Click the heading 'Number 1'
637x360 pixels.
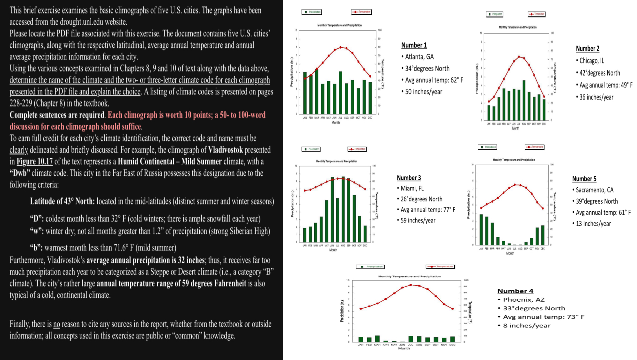[x=414, y=45]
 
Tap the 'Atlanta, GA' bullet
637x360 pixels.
[x=419, y=57]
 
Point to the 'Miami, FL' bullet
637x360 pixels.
[x=412, y=188]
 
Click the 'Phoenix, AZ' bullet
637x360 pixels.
[x=523, y=300]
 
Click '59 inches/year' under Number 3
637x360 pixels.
[x=418, y=220]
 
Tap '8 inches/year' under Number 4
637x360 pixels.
[x=527, y=326]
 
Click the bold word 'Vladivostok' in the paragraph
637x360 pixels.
[x=225, y=150]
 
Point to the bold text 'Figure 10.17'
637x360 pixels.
[x=34, y=161]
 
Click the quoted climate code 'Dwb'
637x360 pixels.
[x=20, y=173]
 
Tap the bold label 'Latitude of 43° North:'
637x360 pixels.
[x=62, y=201]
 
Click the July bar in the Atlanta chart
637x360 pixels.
[x=340, y=93]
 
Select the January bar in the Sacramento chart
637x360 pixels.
[x=481, y=230]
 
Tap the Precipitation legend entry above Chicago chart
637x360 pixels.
[x=495, y=14]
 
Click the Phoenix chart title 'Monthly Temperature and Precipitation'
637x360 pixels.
[x=409, y=276]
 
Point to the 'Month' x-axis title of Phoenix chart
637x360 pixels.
[x=404, y=348]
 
